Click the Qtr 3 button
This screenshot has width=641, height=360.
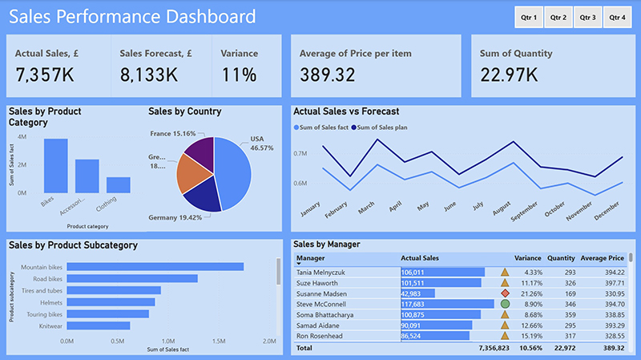pos(587,17)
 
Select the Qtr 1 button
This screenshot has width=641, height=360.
pos(529,17)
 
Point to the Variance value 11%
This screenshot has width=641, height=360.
pos(239,75)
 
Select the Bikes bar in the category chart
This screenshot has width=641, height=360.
pos(55,166)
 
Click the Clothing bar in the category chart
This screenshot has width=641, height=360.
pos(118,185)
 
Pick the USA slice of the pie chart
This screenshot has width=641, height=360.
pos(234,174)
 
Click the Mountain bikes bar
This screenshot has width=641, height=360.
pos(155,267)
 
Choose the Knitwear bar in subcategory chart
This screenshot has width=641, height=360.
pos(98,326)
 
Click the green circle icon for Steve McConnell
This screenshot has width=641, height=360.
pos(505,305)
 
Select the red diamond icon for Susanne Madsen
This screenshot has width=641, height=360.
pos(505,293)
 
